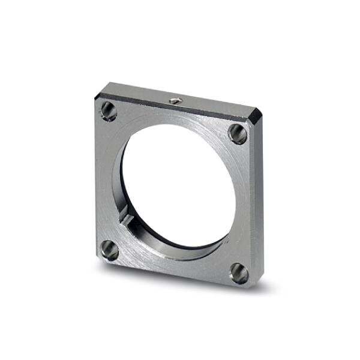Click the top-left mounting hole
click(109, 110)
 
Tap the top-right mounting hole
click(238, 133)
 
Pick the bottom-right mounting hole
click(239, 273)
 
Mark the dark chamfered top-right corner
click(257, 116)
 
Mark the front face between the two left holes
click(105, 180)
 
